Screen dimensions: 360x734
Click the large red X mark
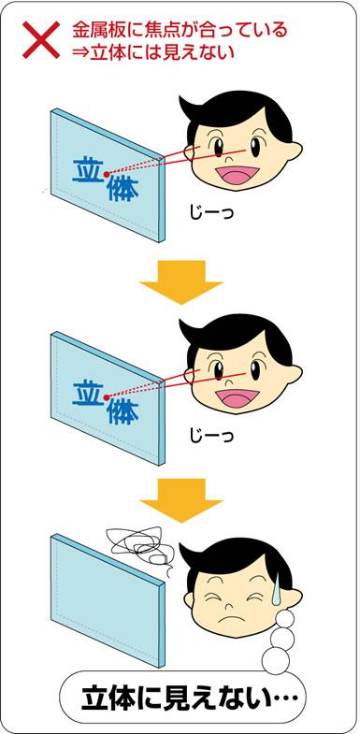41,40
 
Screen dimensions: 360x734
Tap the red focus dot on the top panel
107,174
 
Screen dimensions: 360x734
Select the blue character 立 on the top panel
88,170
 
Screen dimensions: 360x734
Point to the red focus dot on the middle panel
107,397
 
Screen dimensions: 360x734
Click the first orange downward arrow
181,281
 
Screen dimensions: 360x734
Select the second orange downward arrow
181,500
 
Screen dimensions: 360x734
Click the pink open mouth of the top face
237,176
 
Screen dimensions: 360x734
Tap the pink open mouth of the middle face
237,398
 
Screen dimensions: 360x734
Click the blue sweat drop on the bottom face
277,587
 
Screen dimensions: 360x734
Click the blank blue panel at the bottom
108,600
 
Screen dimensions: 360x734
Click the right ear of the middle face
294,375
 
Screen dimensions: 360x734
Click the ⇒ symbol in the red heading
80,52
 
